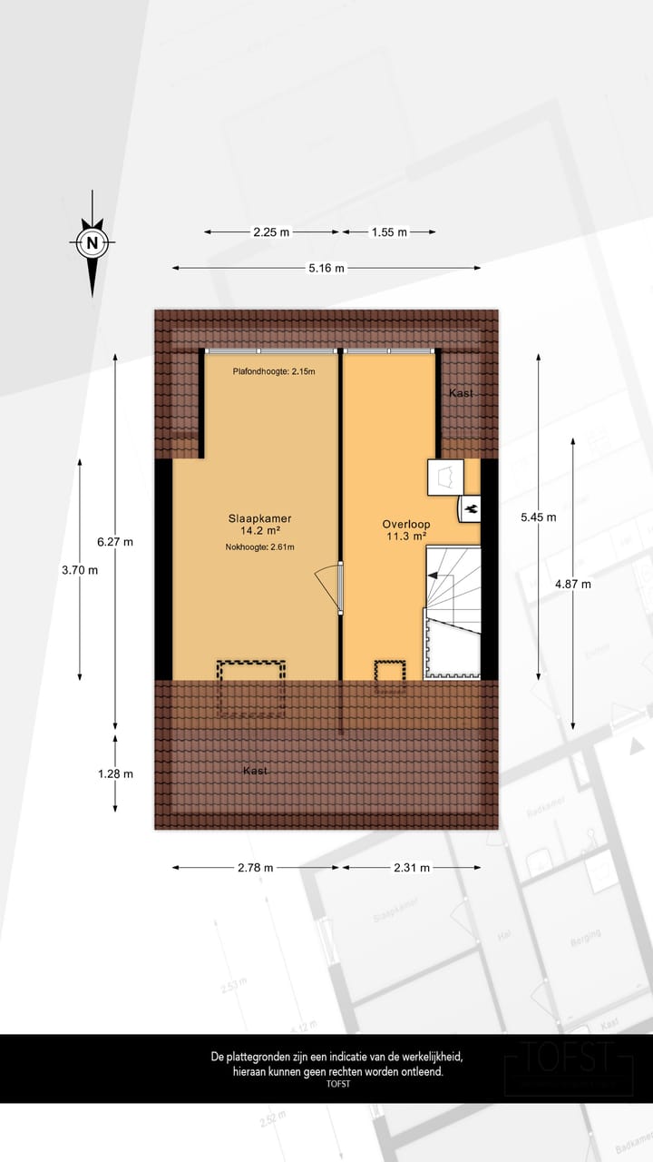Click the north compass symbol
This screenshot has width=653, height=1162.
click(x=92, y=242)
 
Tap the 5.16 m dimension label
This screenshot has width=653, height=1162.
click(x=326, y=268)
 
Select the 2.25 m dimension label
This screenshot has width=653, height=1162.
click(x=271, y=231)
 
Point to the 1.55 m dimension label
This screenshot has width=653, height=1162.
click(x=389, y=231)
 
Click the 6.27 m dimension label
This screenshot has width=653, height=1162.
click(x=115, y=542)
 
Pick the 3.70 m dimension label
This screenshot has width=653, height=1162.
click(x=80, y=570)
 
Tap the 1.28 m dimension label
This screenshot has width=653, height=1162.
click(x=115, y=773)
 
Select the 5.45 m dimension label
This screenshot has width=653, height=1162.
click(x=538, y=517)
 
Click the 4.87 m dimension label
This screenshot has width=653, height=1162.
click(x=573, y=584)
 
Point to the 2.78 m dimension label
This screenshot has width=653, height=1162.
click(x=255, y=867)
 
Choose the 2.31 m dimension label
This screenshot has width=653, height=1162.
click(x=412, y=867)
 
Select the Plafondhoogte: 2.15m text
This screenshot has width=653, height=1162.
click(x=274, y=370)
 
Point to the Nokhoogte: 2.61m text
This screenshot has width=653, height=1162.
click(x=260, y=547)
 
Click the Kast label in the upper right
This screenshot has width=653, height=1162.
click(x=461, y=392)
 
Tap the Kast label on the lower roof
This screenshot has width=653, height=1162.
click(x=255, y=771)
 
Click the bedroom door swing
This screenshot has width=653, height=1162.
click(x=327, y=586)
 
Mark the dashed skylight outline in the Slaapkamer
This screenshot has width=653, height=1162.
click(x=250, y=689)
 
